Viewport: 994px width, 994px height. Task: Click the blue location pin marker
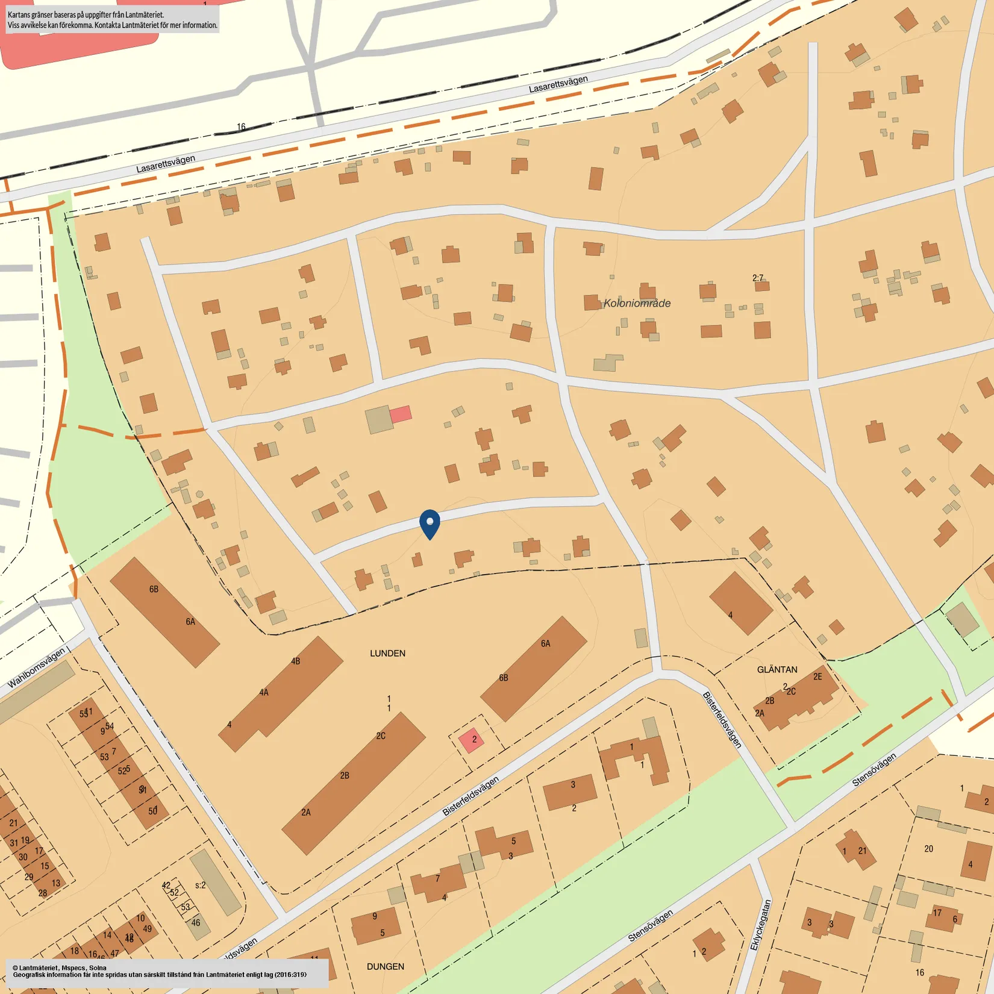coord(430,523)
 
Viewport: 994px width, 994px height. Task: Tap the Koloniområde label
coord(637,303)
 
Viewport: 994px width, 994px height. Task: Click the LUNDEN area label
coord(387,653)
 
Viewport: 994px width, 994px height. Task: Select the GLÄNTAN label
coord(777,669)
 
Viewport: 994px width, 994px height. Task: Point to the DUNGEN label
coord(385,966)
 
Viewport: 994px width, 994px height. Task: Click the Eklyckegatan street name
coord(760,925)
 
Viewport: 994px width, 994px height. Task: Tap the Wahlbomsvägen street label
coord(36,668)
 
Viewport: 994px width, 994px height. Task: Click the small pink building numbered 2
coord(471,740)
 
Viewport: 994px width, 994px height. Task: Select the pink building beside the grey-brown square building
coord(401,414)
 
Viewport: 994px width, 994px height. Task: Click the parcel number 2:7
coord(758,278)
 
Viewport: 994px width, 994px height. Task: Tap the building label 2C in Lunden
coord(381,736)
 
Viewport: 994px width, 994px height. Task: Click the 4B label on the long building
coord(295,661)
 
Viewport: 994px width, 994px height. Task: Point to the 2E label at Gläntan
coord(817,677)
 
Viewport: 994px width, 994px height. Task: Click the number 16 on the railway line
coord(241,127)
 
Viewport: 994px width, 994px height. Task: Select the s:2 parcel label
coord(200,885)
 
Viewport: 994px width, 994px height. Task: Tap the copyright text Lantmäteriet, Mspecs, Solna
coord(60,967)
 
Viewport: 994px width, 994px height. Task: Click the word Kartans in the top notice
coord(20,14)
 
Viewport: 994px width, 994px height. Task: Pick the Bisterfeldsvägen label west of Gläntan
coord(721,720)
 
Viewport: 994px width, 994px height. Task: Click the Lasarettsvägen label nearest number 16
coord(166,163)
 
